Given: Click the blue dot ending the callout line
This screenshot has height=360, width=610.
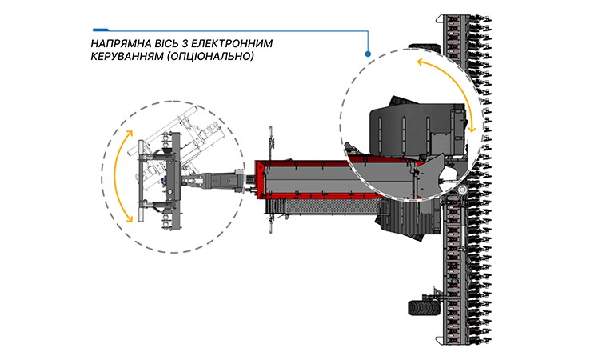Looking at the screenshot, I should tap(368, 54).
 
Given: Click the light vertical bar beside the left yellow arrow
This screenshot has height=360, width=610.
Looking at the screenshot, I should tap(139, 181).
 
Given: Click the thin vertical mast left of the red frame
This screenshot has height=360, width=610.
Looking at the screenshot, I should tap(272, 144).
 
